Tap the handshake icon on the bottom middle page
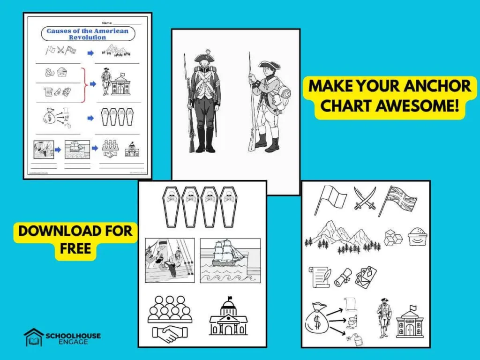pyautogui.click(x=170, y=333)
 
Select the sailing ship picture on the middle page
pyautogui.click(x=230, y=259)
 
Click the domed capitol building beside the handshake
pyautogui.click(x=228, y=317)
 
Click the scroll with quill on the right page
pyautogui.click(x=319, y=277)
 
